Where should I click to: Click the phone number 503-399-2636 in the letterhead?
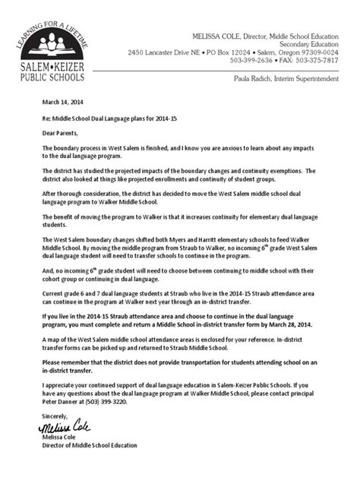(254, 59)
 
